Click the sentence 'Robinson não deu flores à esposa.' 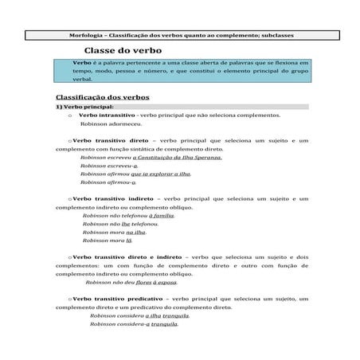tap(131, 282)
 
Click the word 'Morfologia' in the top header tap(87, 34)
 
